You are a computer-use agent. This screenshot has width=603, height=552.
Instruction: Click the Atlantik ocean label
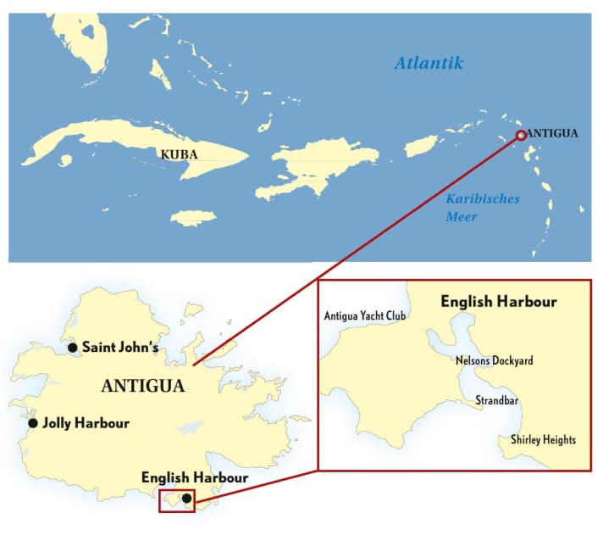(429, 63)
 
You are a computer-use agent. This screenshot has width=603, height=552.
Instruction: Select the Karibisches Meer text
(482, 208)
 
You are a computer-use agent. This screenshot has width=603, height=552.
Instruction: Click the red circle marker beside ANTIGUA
(521, 135)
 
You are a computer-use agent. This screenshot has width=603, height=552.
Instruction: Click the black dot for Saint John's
(73, 348)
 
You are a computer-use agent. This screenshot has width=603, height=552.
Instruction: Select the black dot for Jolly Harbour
(33, 423)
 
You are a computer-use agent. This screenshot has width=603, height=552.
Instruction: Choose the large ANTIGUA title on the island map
(142, 386)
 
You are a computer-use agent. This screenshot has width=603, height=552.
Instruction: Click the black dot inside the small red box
(186, 499)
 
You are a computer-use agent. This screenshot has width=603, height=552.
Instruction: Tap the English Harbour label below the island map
(195, 478)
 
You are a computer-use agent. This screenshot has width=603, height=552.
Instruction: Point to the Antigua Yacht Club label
(365, 316)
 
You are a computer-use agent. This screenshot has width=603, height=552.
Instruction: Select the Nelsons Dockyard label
(494, 360)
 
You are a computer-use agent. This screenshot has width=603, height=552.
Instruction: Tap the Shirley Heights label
(543, 440)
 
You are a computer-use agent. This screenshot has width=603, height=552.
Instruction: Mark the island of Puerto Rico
(420, 146)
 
